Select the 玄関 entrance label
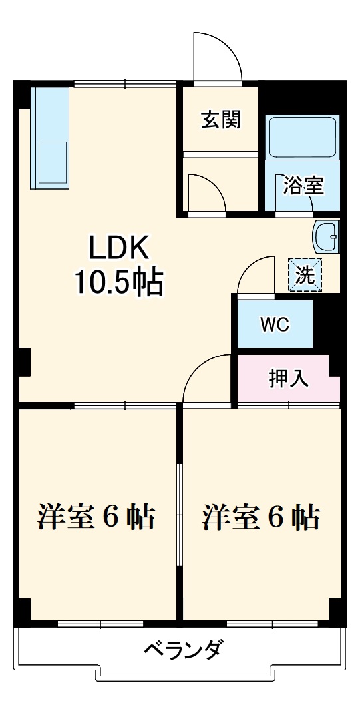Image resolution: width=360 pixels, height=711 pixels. click(x=221, y=120)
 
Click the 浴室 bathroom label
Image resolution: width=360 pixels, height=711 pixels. click(x=303, y=186)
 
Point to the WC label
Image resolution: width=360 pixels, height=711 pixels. click(x=274, y=324)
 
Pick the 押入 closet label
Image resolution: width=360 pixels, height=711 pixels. click(x=288, y=377)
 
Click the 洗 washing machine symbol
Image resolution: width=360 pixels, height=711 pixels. click(x=305, y=274)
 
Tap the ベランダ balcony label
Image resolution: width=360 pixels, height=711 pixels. click(x=182, y=648)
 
